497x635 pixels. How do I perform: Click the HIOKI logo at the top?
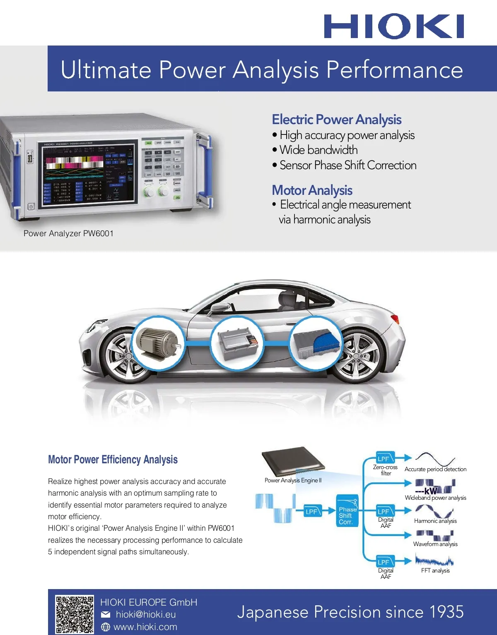[394, 26]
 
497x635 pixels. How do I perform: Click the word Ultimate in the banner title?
[106, 69]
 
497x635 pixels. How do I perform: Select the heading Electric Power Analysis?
[336, 119]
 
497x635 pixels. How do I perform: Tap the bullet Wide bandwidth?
[318, 150]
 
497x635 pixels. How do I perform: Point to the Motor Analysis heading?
[312, 190]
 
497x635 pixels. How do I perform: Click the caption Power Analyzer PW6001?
[68, 233]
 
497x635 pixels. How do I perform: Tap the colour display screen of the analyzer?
[89, 173]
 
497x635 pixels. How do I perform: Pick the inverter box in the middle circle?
[237, 342]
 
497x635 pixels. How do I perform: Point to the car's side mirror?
[219, 308]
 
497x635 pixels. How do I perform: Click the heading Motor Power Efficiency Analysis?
[113, 460]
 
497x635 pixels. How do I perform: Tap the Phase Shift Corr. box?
[347, 515]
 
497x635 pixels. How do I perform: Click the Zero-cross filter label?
[385, 470]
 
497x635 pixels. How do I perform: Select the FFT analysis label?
[435, 570]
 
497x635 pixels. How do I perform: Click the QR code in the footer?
[75, 614]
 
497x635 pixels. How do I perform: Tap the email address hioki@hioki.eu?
[146, 614]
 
